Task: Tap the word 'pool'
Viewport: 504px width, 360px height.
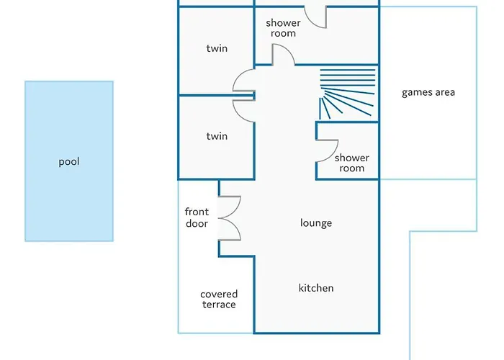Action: [x=69, y=162]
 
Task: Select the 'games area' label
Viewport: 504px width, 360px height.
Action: [x=428, y=92]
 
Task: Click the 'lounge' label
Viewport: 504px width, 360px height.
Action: [x=316, y=223]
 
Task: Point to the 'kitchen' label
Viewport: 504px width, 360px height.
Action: [x=316, y=288]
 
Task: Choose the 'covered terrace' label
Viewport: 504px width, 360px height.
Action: [x=219, y=300]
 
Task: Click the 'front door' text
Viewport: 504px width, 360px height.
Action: [x=197, y=217]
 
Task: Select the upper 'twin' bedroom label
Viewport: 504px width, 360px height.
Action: [x=217, y=49]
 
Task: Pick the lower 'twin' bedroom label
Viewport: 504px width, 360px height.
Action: [x=217, y=136]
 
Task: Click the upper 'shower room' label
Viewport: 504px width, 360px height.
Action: [x=283, y=28]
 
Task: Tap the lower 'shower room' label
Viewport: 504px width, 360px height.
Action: [x=352, y=163]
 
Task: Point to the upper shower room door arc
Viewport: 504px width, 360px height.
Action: [x=283, y=55]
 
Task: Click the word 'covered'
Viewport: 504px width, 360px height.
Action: [x=219, y=294]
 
